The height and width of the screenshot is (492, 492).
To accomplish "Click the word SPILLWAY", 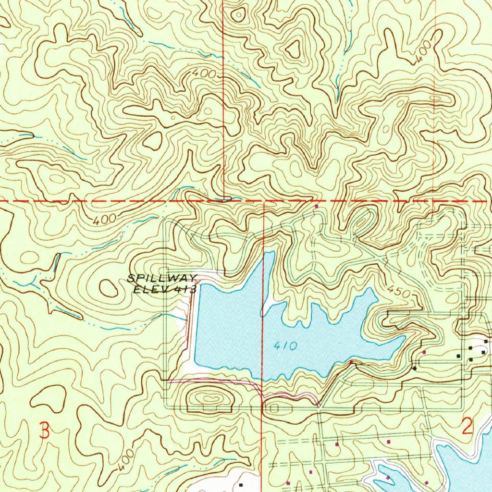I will pyautogui.click(x=162, y=278).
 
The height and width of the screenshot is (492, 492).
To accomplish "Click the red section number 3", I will pyautogui.click(x=44, y=430).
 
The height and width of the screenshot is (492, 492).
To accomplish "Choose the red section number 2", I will pyautogui.click(x=467, y=426).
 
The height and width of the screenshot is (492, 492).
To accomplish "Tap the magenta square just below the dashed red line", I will pyautogui.click(x=316, y=206).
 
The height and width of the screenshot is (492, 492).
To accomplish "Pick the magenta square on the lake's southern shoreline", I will pyautogui.click(x=351, y=362).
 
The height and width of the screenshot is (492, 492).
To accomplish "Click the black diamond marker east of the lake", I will pyautogui.click(x=414, y=368).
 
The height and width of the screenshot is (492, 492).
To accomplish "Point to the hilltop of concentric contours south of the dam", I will pyautogui.click(x=209, y=398).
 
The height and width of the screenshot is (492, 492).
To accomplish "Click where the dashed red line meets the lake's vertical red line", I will pyautogui.click(x=264, y=200).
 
